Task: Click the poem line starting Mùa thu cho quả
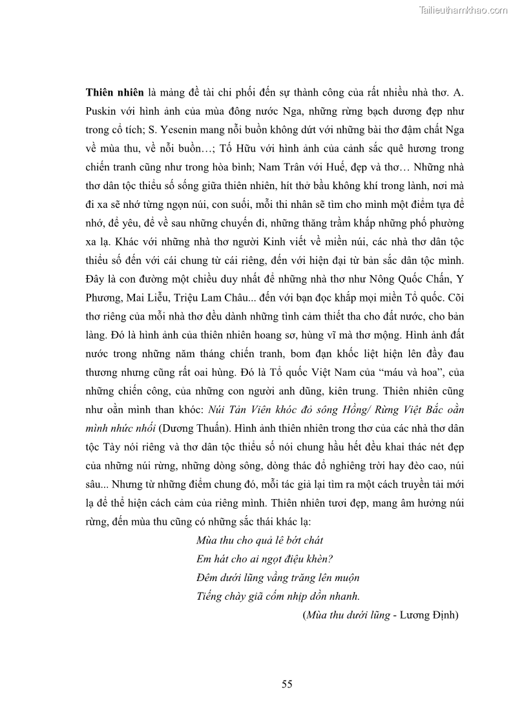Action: [x=260, y=540]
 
